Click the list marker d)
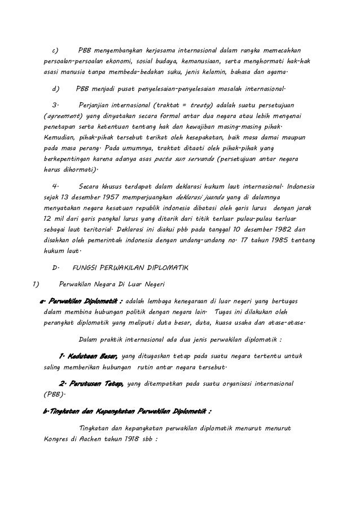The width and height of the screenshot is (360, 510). (x=56, y=89)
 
